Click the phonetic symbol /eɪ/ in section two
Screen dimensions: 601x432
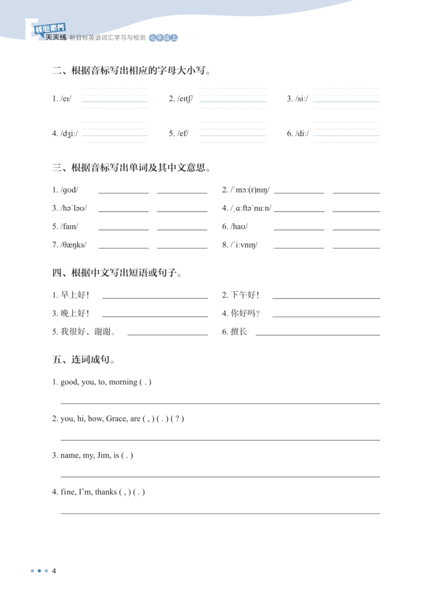65,99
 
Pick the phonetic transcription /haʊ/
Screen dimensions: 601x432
239,226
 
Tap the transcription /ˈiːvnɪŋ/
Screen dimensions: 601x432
244,245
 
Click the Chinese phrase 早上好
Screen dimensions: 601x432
74,295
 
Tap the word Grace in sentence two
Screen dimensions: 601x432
117,419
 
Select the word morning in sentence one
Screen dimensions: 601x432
122,382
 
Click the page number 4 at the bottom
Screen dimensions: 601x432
54,571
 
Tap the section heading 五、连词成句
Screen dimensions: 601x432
83,359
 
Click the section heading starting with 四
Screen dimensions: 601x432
117,273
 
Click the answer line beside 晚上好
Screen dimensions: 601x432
154,316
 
